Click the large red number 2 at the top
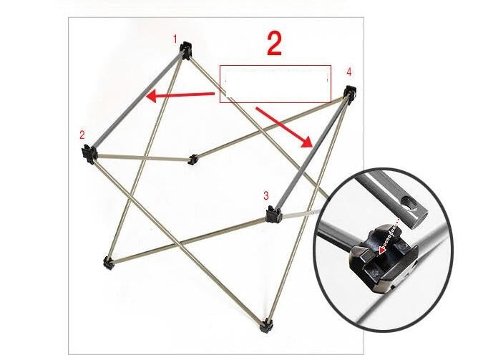[x=274, y=44]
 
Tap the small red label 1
[x=175, y=39]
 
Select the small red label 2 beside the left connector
[x=82, y=135]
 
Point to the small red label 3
[x=265, y=195]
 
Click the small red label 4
[x=348, y=72]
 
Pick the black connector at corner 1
[x=187, y=50]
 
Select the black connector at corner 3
[x=272, y=213]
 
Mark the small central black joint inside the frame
[x=192, y=159]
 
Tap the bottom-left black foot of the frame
[x=108, y=263]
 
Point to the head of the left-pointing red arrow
[x=148, y=99]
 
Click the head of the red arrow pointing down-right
[x=309, y=143]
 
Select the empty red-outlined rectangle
[x=275, y=84]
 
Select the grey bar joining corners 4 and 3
[x=311, y=152]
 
